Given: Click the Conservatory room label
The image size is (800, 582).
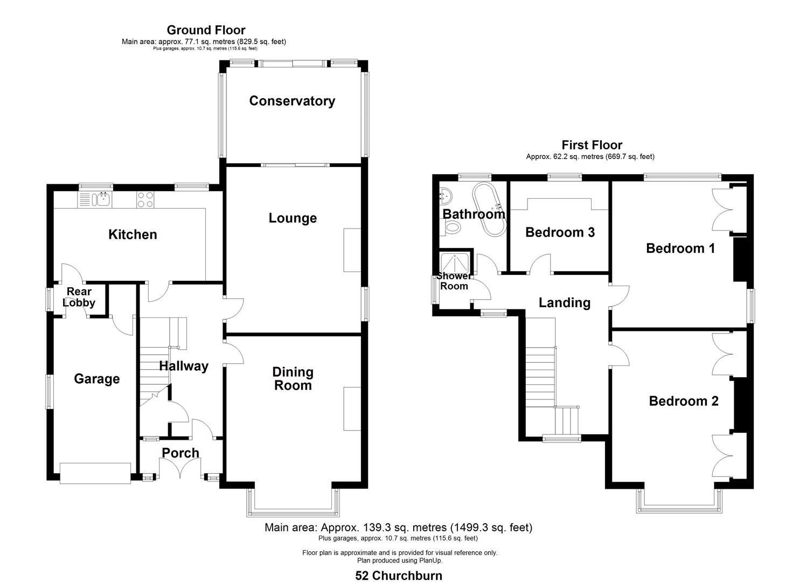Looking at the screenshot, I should pyautogui.click(x=292, y=101).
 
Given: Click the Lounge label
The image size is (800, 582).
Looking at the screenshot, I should pyautogui.click(x=293, y=218).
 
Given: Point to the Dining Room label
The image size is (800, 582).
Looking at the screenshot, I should pyautogui.click(x=293, y=378).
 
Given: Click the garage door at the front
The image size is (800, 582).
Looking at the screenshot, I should pyautogui.click(x=95, y=473).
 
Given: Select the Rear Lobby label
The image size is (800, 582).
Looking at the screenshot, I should pyautogui.click(x=79, y=297).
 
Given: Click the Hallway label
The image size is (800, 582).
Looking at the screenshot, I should pyautogui.click(x=183, y=366).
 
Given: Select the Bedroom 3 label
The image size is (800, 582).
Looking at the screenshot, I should pyautogui.click(x=560, y=232).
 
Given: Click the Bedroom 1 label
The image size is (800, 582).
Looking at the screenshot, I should pyautogui.click(x=680, y=248).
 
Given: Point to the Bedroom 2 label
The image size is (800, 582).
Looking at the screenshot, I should pyautogui.click(x=683, y=401).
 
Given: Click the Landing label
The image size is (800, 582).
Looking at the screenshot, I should pyautogui.click(x=564, y=303).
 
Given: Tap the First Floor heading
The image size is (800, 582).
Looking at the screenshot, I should pyautogui.click(x=592, y=145).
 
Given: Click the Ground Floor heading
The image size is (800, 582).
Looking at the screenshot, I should pyautogui.click(x=206, y=30).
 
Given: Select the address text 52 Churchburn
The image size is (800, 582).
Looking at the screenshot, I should pyautogui.click(x=399, y=576).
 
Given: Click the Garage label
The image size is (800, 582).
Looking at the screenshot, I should pyautogui.click(x=96, y=379).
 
